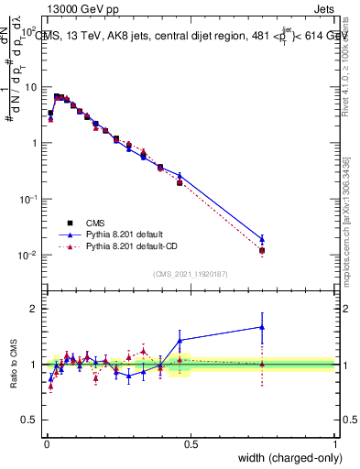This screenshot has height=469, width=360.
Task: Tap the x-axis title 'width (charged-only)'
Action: coord(283,457)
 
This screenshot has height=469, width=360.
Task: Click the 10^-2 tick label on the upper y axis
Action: coord(28,256)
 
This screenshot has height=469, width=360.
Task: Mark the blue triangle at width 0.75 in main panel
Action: coord(262,239)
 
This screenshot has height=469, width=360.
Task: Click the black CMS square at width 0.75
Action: coord(262,250)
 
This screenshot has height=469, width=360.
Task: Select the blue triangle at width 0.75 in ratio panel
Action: coord(262,326)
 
